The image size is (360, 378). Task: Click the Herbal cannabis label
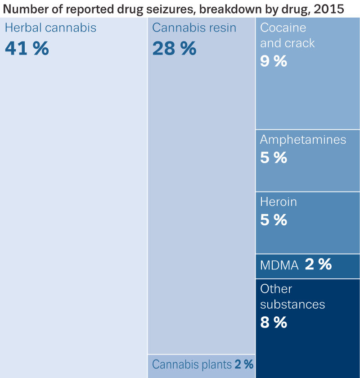[x=50, y=28]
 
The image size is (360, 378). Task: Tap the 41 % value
[x=27, y=48]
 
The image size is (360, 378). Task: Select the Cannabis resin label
[x=194, y=28]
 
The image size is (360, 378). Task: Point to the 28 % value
[x=174, y=48]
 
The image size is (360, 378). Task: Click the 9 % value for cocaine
[x=274, y=61]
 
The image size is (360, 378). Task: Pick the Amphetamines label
[x=303, y=140]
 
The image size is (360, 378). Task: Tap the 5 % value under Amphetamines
[x=274, y=157]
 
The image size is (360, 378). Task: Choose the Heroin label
[x=279, y=202]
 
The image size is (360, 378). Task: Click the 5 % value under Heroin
[x=274, y=219]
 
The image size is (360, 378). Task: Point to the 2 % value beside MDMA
[x=318, y=264]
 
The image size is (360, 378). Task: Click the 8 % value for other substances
[x=274, y=322]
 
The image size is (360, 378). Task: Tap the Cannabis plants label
[x=192, y=364]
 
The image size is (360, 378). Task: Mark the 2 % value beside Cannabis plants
[x=244, y=364]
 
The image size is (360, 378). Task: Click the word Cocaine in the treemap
[x=283, y=28]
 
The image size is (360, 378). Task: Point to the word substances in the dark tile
[x=292, y=305]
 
